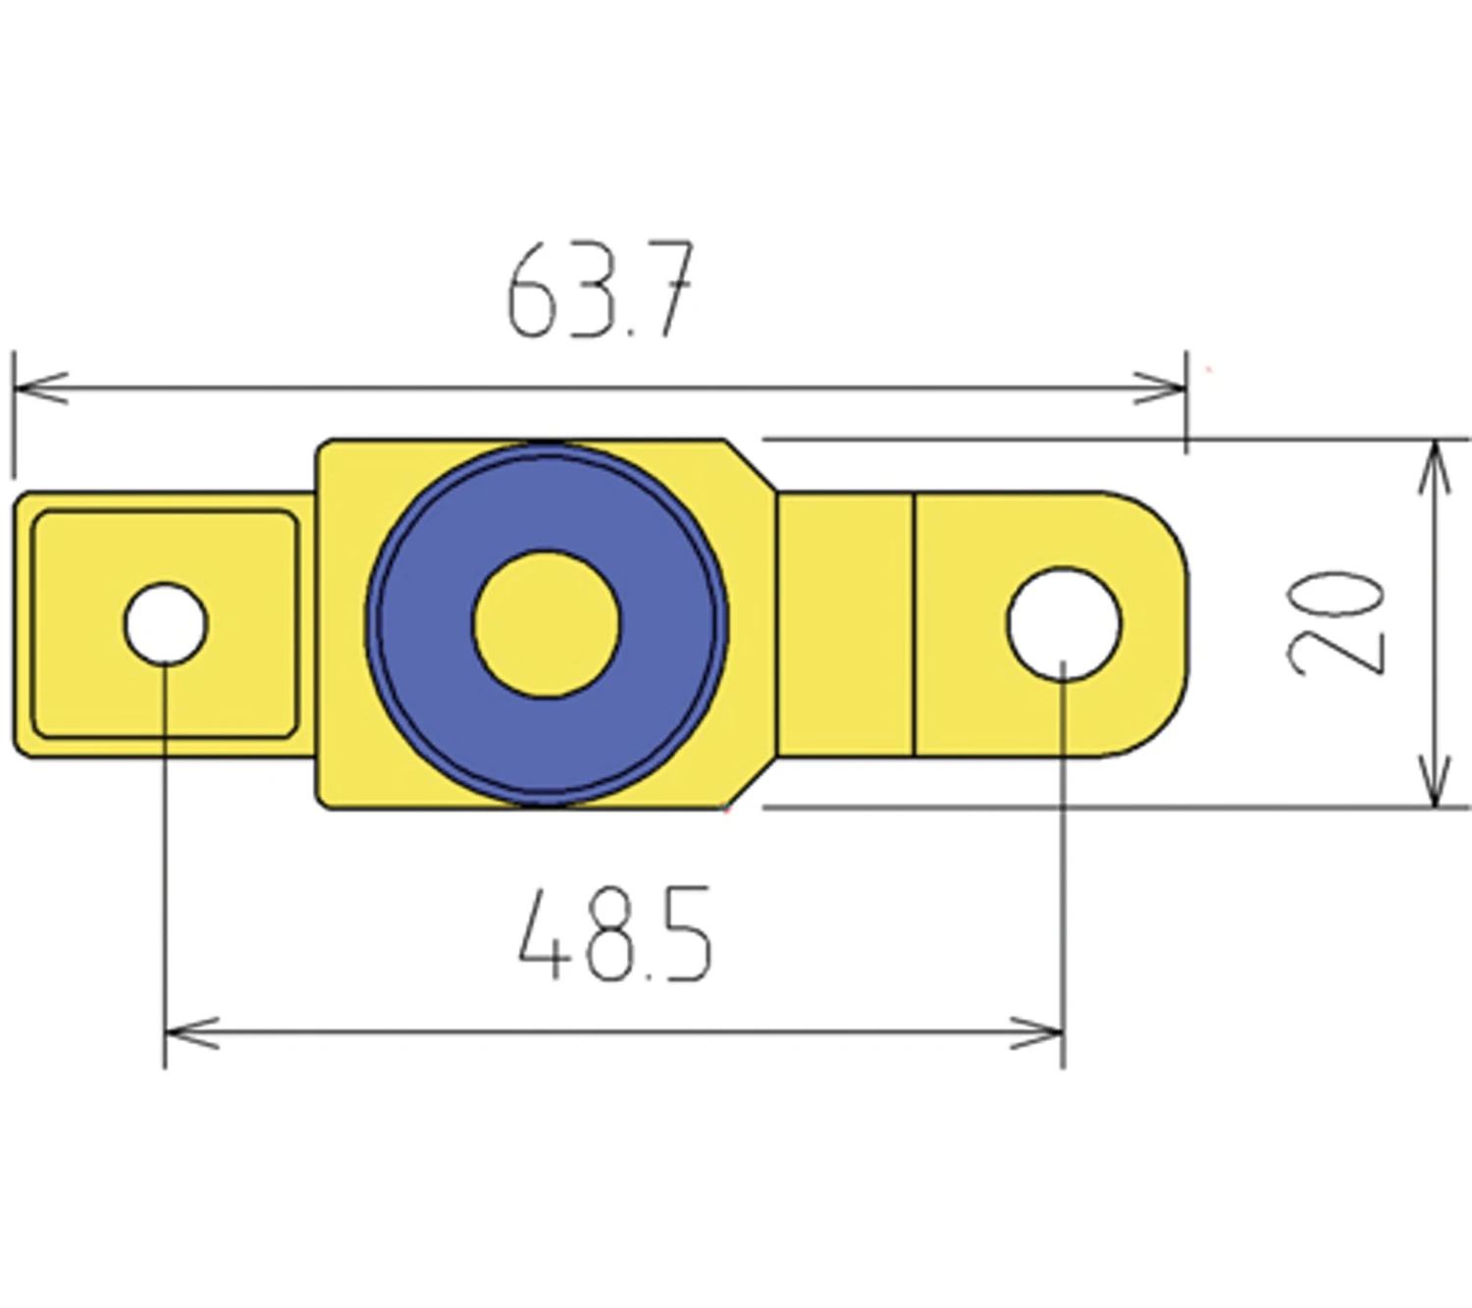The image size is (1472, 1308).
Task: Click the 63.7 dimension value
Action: pos(601,290)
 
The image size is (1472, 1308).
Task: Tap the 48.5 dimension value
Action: pos(614,934)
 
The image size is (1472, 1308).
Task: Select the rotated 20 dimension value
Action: pos(1337,623)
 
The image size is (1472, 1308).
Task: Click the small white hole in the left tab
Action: pos(166,623)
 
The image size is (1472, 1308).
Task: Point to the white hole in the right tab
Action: pos(1064,623)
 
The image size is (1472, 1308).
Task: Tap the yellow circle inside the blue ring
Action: pos(547,623)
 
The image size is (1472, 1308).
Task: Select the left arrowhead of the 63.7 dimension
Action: pos(40,388)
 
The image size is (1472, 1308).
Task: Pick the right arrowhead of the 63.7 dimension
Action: pos(1160,388)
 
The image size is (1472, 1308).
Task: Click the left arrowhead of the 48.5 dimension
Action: pos(192,1033)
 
